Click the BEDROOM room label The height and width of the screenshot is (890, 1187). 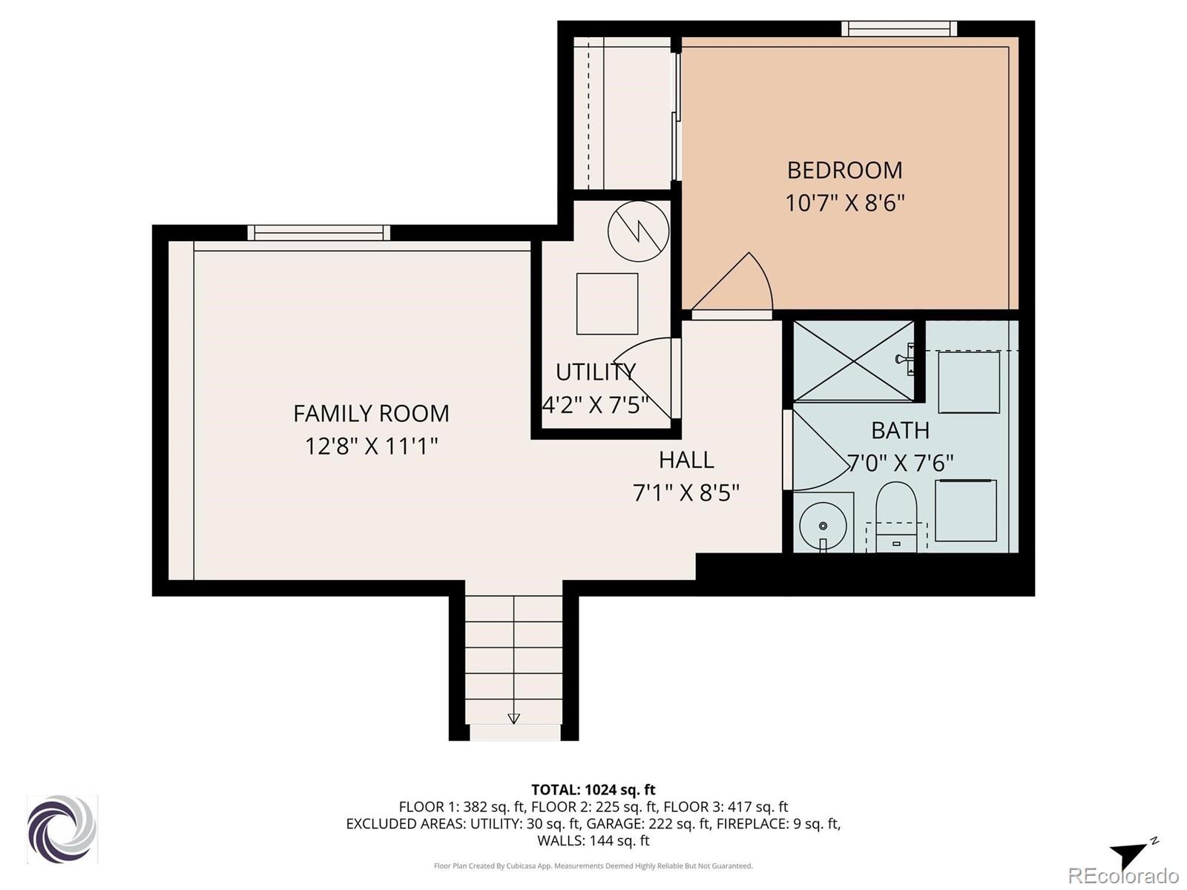[x=844, y=171]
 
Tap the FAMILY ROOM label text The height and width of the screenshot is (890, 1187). [x=371, y=414]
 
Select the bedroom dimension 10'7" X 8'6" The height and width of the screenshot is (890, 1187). [x=845, y=204]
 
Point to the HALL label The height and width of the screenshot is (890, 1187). [x=686, y=460]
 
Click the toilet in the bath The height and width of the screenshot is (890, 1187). [x=896, y=517]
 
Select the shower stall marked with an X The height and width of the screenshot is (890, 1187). [x=853, y=361]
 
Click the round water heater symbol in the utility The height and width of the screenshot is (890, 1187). [x=638, y=231]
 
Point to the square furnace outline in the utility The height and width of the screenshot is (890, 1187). [x=607, y=303]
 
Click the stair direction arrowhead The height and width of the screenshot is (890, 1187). [x=513, y=719]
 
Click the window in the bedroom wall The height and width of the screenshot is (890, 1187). [x=898, y=29]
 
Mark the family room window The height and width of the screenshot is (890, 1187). [x=318, y=233]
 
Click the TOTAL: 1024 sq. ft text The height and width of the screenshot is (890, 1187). [x=593, y=790]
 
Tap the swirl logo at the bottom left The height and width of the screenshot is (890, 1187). [x=62, y=829]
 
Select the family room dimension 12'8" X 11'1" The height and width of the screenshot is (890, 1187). [x=371, y=446]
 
